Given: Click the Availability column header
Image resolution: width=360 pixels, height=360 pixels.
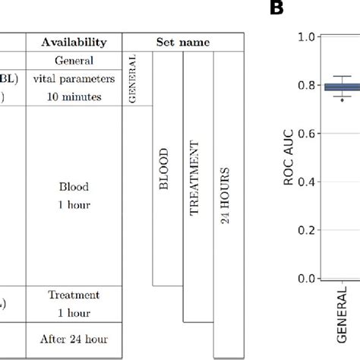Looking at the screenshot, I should [x=74, y=43].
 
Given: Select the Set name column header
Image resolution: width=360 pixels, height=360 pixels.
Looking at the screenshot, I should [x=178, y=43].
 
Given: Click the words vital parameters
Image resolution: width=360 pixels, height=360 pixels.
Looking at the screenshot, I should [x=74, y=77].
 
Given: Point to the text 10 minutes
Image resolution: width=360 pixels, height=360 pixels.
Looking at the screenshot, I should [x=74, y=94].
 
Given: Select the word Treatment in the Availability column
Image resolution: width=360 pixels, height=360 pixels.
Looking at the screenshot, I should [x=74, y=295].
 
